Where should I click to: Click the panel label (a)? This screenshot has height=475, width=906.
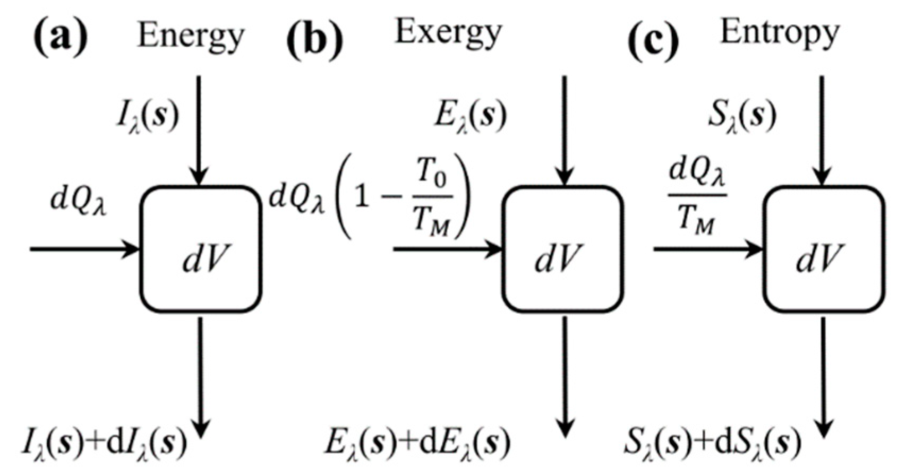click(x=60, y=38)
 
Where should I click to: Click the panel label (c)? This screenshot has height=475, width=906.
click(x=653, y=40)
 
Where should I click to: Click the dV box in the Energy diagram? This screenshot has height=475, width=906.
click(x=201, y=249)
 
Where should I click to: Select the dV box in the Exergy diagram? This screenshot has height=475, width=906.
click(x=563, y=249)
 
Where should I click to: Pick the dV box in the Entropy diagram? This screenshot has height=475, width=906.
click(x=823, y=249)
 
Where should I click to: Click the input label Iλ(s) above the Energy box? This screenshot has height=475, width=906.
click(x=148, y=117)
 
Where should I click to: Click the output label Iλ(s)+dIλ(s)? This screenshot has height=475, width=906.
click(x=105, y=444)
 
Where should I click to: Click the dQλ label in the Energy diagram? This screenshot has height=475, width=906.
click(x=79, y=202)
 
